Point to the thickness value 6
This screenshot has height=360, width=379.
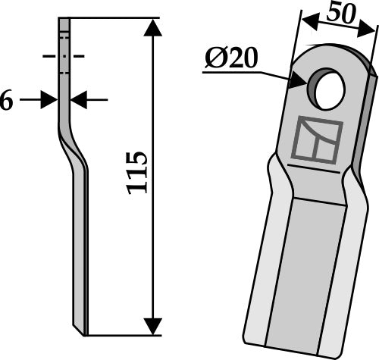click(x=6, y=101)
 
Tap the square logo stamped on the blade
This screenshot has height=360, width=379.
click(x=314, y=141)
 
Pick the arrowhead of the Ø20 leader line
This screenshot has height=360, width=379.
click(x=296, y=77)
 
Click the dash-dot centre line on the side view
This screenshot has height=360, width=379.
click(x=64, y=56)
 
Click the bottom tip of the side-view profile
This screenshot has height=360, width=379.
click(x=83, y=331)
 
